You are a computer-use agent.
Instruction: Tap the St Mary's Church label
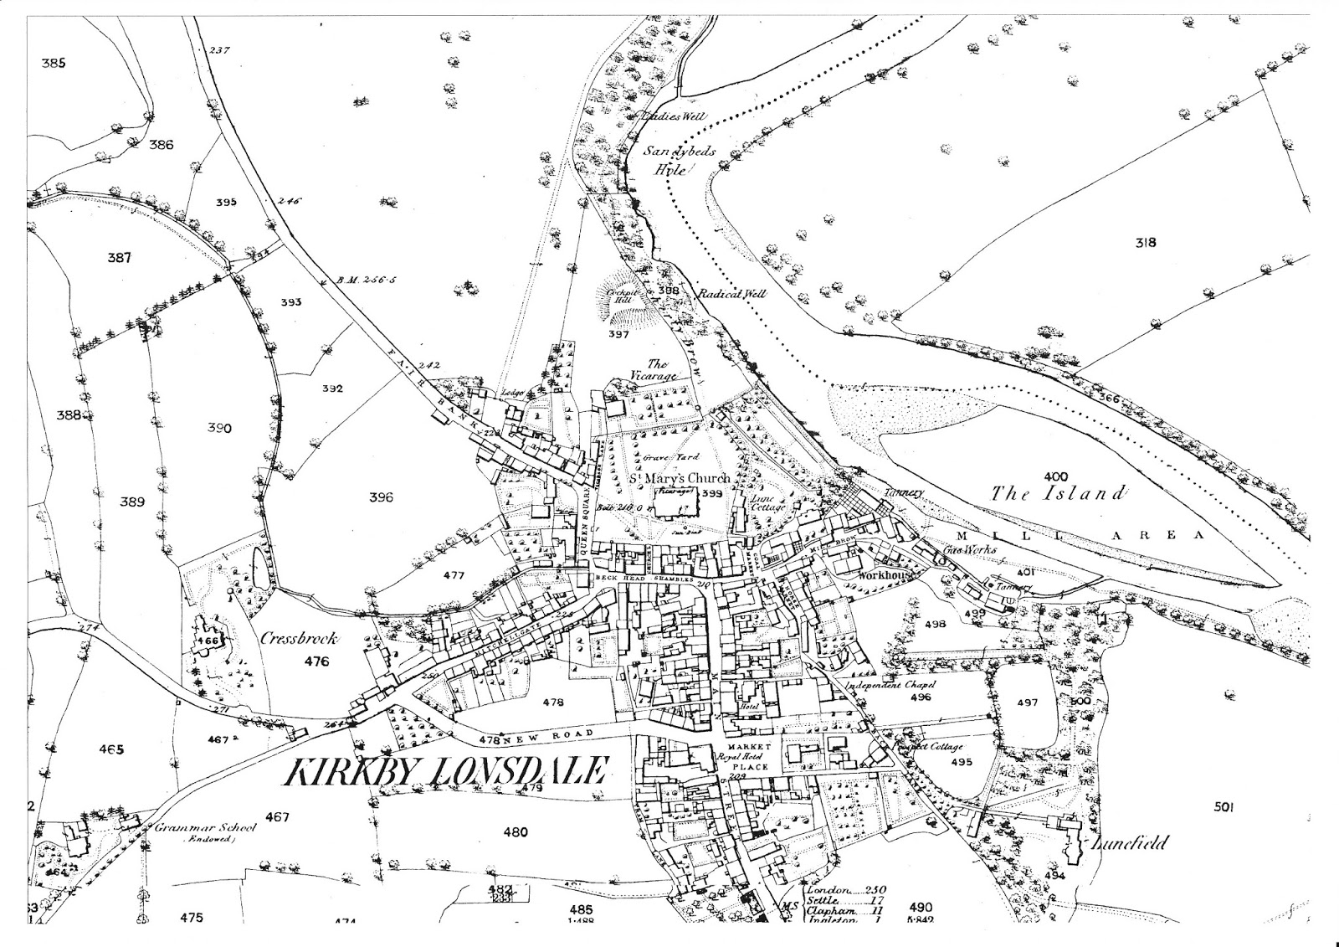tap(680, 478)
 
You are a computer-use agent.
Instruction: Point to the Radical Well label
tap(734, 294)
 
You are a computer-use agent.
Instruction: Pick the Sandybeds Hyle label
tap(679, 160)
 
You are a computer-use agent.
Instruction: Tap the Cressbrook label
tap(299, 638)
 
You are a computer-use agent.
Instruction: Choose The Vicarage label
tap(655, 370)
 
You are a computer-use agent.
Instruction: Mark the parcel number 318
tap(1145, 243)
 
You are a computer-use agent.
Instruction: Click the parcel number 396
tap(381, 497)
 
